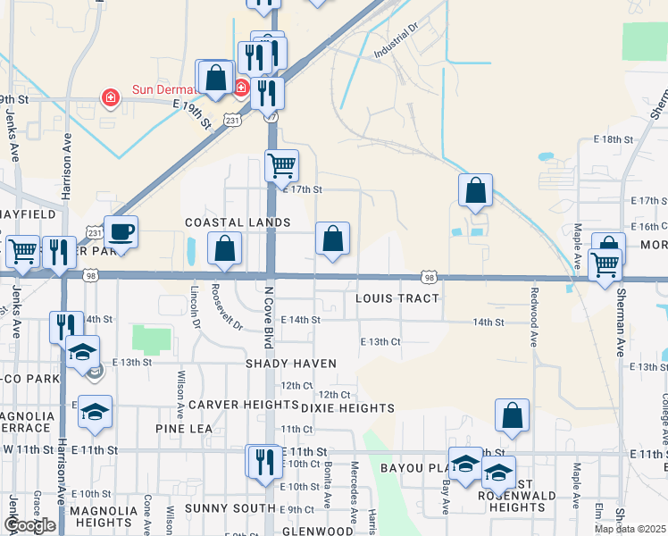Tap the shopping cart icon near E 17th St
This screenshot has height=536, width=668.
(x=281, y=165)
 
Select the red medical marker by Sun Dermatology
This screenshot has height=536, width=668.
(x=111, y=96)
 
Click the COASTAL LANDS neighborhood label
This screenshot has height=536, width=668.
(x=238, y=222)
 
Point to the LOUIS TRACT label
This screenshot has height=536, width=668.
(x=394, y=298)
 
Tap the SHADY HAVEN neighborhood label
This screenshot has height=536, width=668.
(x=293, y=364)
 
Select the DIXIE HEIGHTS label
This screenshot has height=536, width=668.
(x=347, y=408)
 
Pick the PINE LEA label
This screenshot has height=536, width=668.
(x=184, y=429)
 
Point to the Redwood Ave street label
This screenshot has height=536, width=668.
(x=535, y=318)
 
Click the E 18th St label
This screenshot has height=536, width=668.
(x=613, y=140)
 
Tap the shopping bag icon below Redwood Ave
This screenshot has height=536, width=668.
(x=513, y=415)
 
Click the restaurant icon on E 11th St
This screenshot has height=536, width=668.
(x=264, y=461)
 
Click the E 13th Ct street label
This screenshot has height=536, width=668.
(x=380, y=342)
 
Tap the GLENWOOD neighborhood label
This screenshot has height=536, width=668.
(x=318, y=531)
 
